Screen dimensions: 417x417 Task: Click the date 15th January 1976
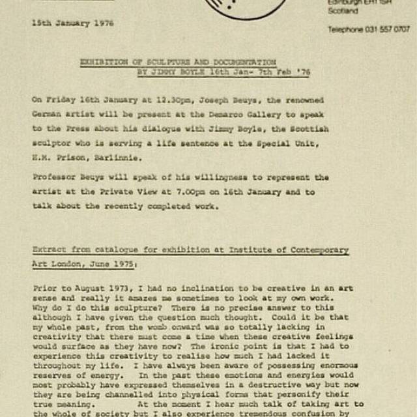click(72, 23)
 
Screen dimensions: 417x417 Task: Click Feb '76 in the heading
click(295, 73)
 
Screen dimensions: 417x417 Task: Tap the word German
click(46, 115)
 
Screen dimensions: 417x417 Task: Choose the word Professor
click(54, 177)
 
